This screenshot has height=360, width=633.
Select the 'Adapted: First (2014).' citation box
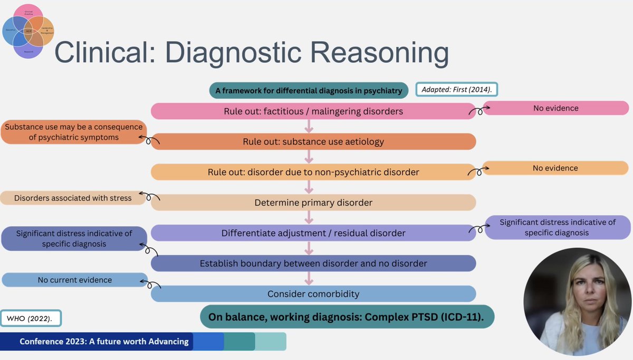457,90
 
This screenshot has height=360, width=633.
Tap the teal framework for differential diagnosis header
309,90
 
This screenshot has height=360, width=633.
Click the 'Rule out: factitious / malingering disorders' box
313,111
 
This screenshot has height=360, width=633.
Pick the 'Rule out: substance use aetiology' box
313,141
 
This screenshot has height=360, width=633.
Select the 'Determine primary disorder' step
313,203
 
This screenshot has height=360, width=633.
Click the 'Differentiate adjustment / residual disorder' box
313,233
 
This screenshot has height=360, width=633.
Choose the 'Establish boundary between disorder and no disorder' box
313,263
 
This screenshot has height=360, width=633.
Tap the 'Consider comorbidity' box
313,293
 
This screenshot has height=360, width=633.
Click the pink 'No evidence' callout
555,108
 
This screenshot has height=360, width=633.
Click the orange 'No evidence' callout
555,168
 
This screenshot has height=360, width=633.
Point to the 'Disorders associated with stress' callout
73,198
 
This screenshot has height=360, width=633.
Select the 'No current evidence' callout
74,280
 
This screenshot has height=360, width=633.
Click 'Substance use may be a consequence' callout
74,132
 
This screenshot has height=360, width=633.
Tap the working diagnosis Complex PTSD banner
347,317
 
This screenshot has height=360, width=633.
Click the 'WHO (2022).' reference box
31,319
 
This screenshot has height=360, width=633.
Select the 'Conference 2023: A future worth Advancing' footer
104,342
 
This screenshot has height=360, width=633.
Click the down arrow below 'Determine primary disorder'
310,217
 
